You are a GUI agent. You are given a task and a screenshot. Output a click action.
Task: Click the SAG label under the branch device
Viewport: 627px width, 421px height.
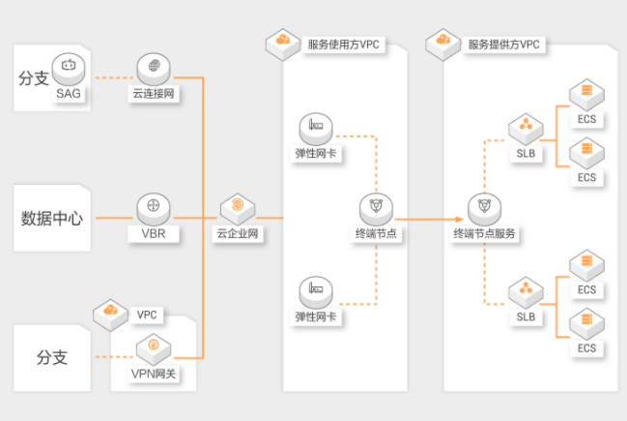pos(69,94)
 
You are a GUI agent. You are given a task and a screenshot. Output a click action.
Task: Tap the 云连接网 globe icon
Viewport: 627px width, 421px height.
pos(154,69)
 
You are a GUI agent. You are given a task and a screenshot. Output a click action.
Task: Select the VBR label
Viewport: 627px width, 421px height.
pos(154,233)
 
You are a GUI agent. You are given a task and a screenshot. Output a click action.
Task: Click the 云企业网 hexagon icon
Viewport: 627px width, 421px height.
pos(238,209)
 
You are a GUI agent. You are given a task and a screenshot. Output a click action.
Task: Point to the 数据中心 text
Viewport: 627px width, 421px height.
pos(52,219)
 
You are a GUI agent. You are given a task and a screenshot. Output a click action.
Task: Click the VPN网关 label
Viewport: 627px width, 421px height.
pos(154,374)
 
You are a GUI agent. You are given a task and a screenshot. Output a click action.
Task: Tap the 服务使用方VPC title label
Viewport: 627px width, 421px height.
pos(344,45)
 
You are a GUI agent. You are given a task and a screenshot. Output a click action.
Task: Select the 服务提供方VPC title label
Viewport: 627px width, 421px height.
pos(504,45)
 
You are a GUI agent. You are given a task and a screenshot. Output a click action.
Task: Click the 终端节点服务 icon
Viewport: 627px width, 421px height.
pos(485,209)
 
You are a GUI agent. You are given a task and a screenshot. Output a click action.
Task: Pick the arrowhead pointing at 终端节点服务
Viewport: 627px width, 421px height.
pos(460,219)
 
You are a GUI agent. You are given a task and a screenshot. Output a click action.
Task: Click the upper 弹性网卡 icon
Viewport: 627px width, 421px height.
pos(316,129)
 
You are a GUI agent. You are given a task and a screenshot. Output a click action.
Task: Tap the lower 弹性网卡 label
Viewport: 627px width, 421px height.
pos(316,316)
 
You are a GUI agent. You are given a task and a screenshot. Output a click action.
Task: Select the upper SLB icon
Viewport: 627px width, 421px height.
pos(526,129)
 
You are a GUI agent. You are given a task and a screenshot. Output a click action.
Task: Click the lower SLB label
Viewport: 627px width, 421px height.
pos(526,316)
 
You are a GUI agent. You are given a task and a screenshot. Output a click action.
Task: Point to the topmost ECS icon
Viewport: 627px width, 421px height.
pos(587,95)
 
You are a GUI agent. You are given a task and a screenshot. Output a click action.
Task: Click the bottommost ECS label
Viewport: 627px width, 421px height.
pos(587,348)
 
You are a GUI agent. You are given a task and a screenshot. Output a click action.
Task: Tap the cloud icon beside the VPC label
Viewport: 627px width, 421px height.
pos(111,315)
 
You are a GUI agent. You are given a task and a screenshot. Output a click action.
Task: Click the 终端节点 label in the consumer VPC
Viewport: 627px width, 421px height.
pos(376,233)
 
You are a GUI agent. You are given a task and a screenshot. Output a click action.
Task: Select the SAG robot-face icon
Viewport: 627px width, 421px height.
pos(69,69)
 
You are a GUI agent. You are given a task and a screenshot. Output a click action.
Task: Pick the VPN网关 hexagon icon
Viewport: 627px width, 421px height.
pos(154,348)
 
